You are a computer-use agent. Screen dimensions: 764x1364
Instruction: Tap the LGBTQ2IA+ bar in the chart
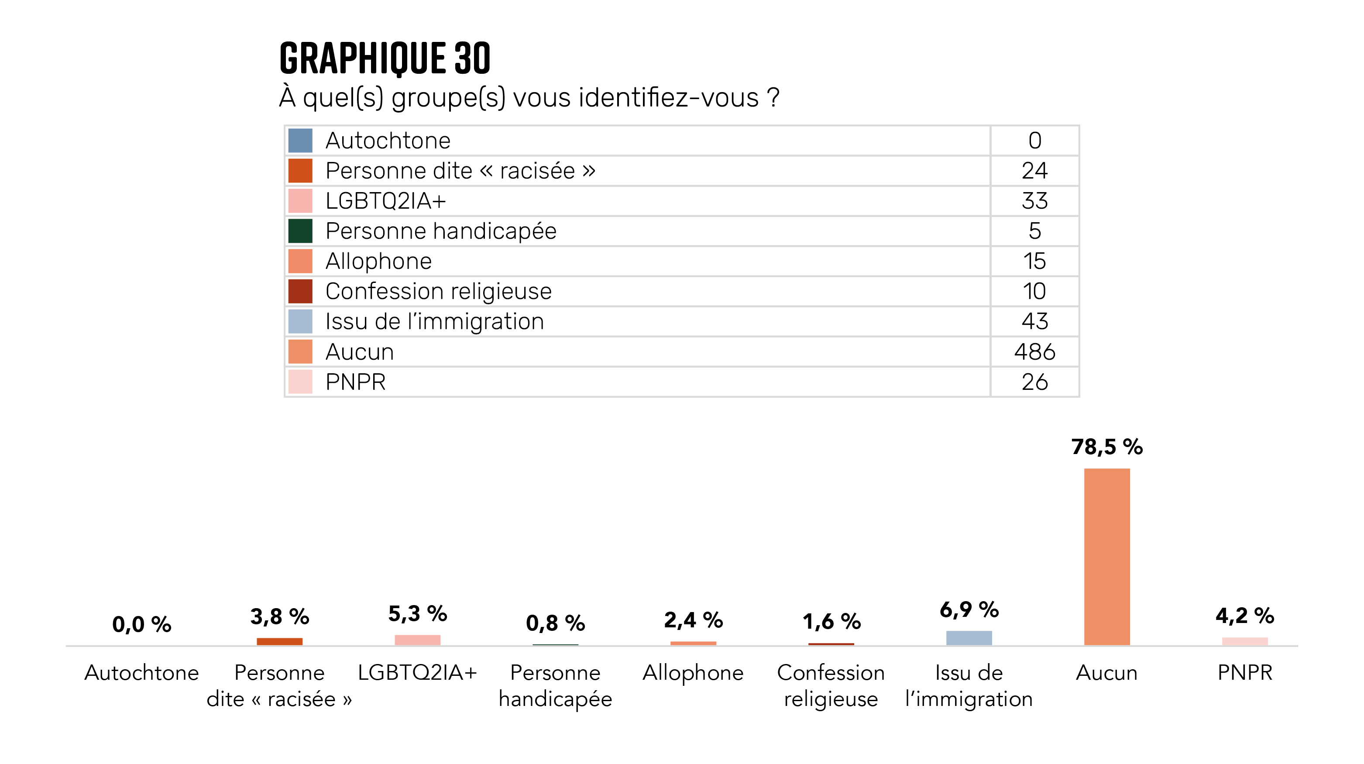tap(417, 640)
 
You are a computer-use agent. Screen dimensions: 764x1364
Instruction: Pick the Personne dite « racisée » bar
tap(280, 641)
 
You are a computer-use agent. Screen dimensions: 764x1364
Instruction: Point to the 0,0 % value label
tap(141, 624)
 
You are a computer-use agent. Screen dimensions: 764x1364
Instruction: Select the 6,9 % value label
tap(969, 609)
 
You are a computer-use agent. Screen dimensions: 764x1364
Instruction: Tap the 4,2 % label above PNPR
tap(1244, 615)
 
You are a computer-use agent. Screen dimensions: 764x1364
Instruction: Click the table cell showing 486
tap(1034, 351)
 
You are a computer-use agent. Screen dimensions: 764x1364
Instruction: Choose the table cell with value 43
tap(1034, 321)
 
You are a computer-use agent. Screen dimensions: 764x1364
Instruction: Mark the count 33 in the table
tap(1034, 201)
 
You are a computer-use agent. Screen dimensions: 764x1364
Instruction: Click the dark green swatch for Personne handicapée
tap(300, 231)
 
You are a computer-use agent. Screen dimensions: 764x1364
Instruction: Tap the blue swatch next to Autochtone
tap(300, 140)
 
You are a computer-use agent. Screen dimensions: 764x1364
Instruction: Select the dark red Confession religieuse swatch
tap(300, 291)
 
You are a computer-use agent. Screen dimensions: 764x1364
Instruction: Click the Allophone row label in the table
tap(378, 261)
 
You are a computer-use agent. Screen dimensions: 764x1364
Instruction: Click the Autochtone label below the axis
tap(141, 672)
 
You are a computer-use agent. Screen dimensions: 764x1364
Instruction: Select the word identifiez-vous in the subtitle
tap(669, 97)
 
